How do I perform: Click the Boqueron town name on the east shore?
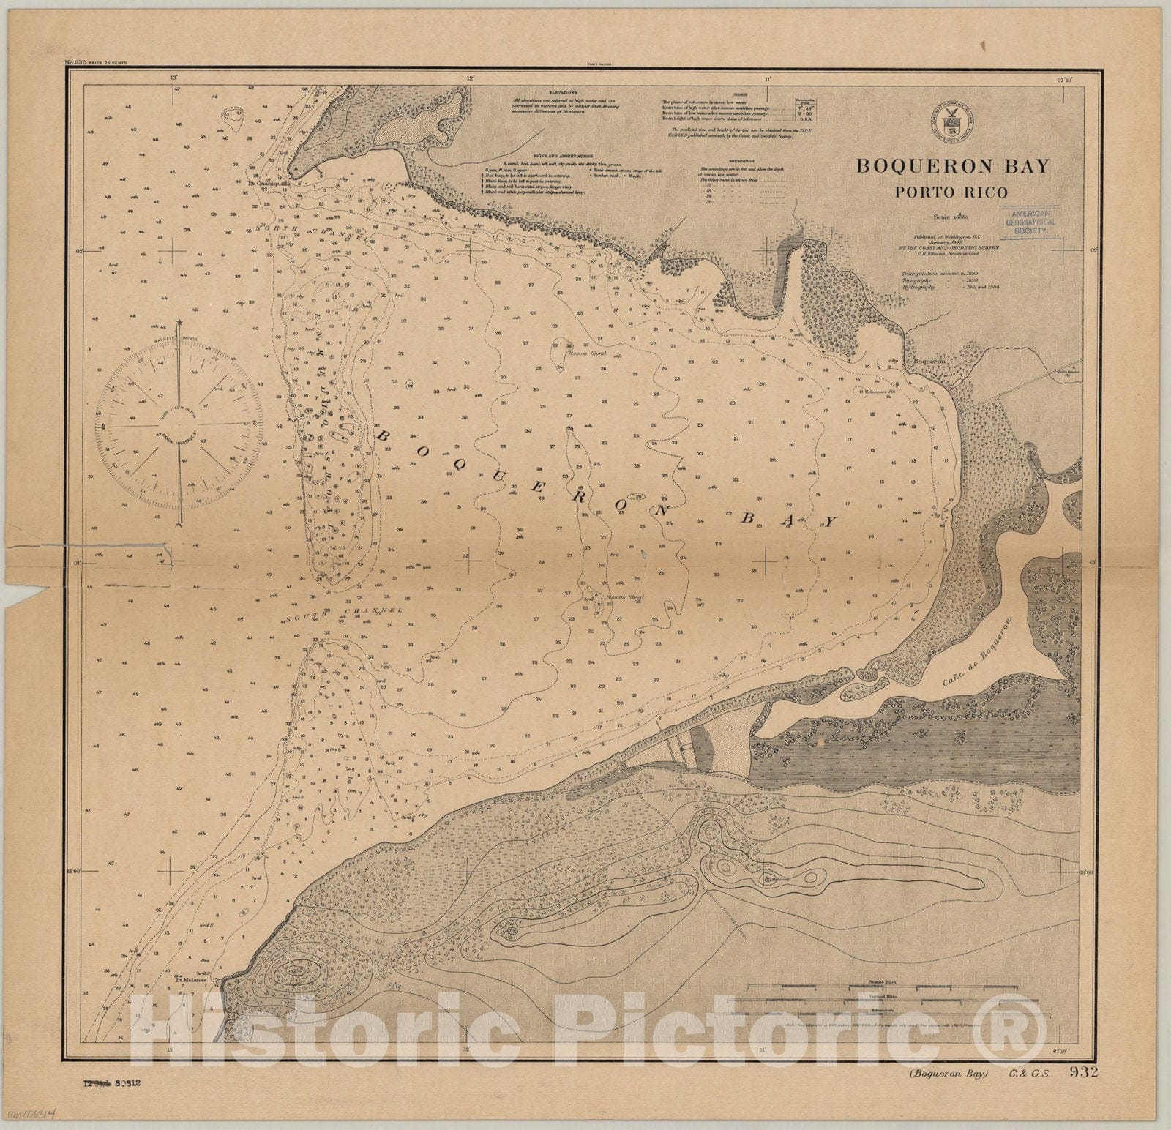click(926, 362)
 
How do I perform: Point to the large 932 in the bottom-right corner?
click(1084, 1073)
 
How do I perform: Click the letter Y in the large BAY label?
click(828, 522)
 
